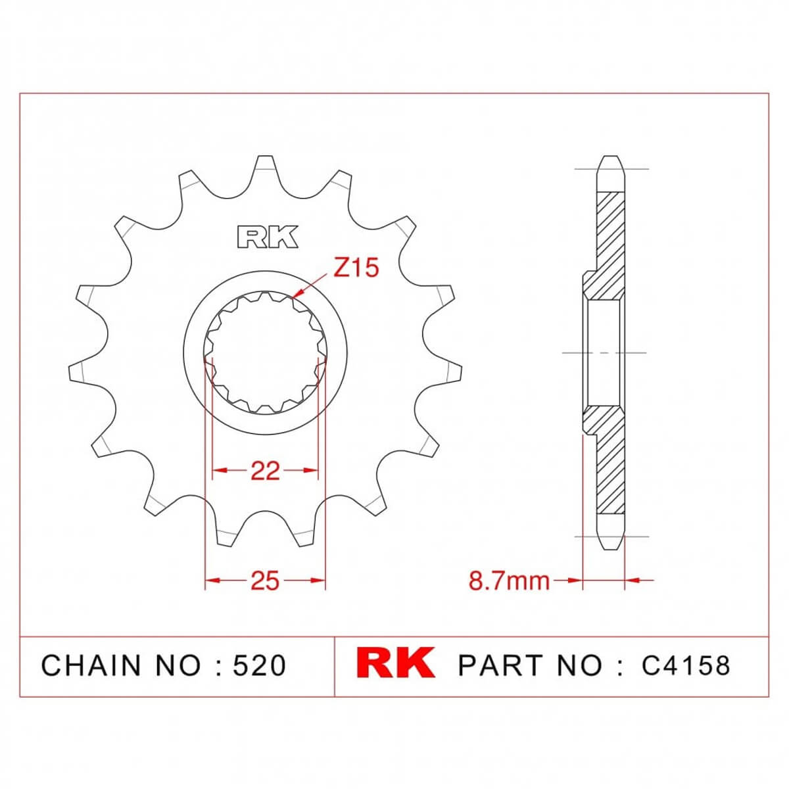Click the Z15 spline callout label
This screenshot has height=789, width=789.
pos(356,268)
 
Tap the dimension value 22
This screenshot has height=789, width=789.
pos(265,471)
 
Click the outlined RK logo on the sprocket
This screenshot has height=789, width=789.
pos(268,237)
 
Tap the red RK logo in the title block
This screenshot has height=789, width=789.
pos(396,663)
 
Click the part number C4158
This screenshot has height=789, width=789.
pos(685,665)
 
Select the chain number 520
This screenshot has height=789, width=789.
pos(260,665)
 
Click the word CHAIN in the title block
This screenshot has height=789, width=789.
pos(91,665)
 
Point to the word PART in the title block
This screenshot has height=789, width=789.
pos(500,665)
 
